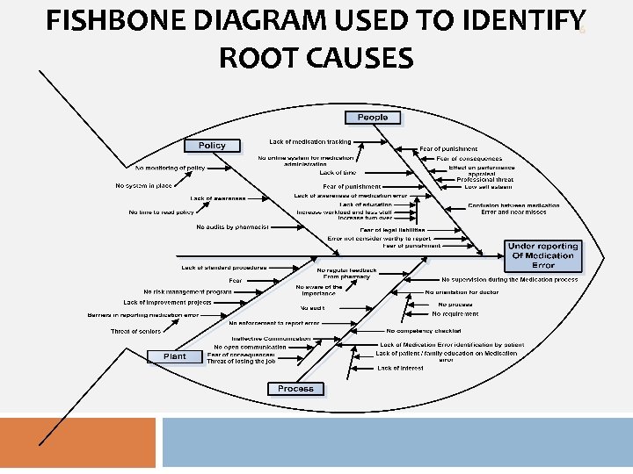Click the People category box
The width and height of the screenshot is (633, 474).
click(372, 118)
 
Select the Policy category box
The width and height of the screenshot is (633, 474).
click(212, 146)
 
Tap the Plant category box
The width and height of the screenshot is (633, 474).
click(175, 356)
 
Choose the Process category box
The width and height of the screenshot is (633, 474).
click(295, 389)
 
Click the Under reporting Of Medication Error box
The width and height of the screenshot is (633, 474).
click(542, 255)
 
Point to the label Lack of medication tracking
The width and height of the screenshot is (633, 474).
click(309, 141)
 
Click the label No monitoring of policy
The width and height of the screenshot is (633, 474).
click(170, 168)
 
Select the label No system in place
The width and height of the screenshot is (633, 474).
click(143, 185)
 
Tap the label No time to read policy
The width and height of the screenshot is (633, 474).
click(161, 212)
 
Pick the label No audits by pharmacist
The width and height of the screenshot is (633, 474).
click(232, 227)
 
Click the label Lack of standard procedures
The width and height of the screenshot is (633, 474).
click(224, 268)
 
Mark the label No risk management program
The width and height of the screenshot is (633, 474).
click(187, 291)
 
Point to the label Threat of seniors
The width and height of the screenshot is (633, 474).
click(135, 332)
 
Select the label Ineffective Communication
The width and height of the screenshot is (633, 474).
click(271, 339)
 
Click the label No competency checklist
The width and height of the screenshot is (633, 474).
click(424, 331)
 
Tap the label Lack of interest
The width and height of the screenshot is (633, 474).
click(400, 369)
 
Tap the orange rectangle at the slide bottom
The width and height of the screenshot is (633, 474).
click(77, 442)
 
